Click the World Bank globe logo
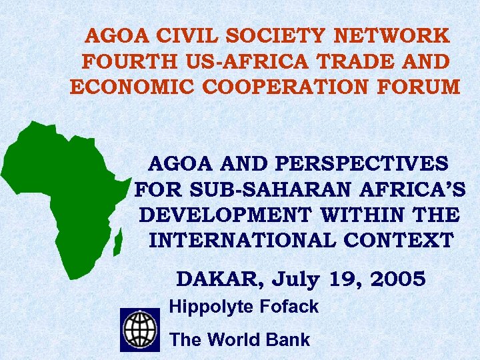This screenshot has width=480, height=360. pyautogui.click(x=140, y=330)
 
